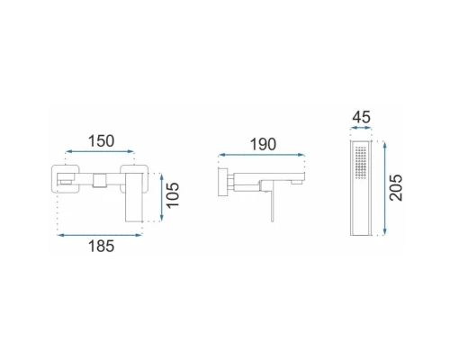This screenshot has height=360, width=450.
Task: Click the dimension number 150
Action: tap(101, 141)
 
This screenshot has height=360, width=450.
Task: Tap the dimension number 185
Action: tap(101, 247)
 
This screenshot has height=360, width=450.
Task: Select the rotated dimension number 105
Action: tap(173, 195)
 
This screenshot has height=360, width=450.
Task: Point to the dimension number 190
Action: tap(263, 144)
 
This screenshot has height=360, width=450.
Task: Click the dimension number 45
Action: tap(361, 117)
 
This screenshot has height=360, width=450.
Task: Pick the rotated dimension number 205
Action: tap(396, 187)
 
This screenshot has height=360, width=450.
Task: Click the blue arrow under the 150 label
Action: tap(100, 151)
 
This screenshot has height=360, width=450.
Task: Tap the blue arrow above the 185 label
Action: tap(100, 235)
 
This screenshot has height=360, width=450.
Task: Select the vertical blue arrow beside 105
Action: tap(162, 197)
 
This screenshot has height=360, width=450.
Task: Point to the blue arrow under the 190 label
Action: tap(262, 155)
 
